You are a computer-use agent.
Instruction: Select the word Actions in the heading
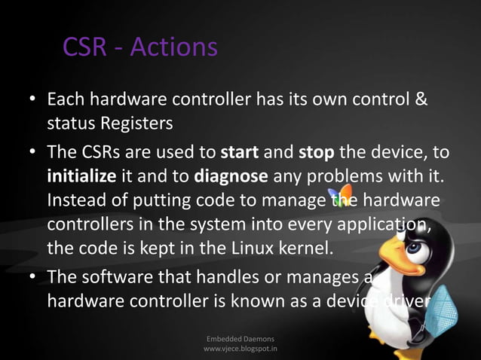pyautogui.click(x=173, y=47)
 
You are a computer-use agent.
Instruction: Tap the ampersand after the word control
pyautogui.click(x=422, y=99)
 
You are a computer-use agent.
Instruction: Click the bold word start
pyautogui.click(x=240, y=153)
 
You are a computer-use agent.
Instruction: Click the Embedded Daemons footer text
pyautogui.click(x=241, y=339)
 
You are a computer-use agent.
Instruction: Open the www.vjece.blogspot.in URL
pyautogui.click(x=241, y=349)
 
